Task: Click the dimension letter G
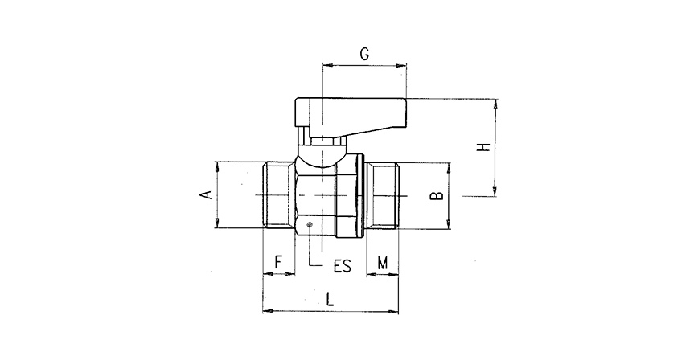coord(363,54)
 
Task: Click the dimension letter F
coord(278,262)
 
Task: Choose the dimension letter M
coord(383,262)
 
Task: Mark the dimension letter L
coord(331,300)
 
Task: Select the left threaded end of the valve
coord(280,195)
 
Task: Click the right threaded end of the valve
coord(384,195)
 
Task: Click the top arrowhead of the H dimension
coord(496,104)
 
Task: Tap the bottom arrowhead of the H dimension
coord(496,190)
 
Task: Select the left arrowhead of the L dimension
coord(268,309)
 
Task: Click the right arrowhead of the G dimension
coord(402,64)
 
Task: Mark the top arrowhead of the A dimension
coord(217,166)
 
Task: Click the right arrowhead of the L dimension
coord(396,309)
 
